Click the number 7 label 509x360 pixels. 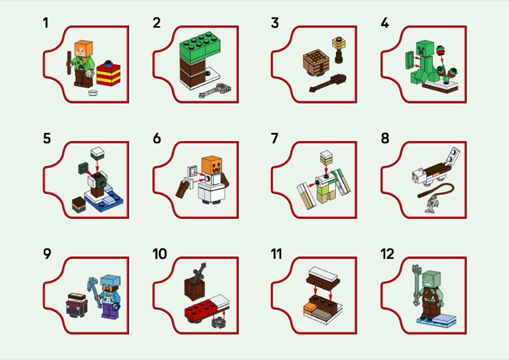(274, 138)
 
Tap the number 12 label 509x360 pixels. (387, 254)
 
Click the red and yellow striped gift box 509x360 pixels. (108, 73)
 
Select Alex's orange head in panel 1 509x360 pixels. (84, 48)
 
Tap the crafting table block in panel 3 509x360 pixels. (316, 63)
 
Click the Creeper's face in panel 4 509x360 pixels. (425, 48)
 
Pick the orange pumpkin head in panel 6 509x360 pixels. (213, 165)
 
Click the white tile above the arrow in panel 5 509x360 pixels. (97, 153)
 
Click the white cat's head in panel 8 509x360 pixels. (417, 178)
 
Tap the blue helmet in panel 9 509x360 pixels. (110, 281)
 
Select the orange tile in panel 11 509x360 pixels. (310, 307)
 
